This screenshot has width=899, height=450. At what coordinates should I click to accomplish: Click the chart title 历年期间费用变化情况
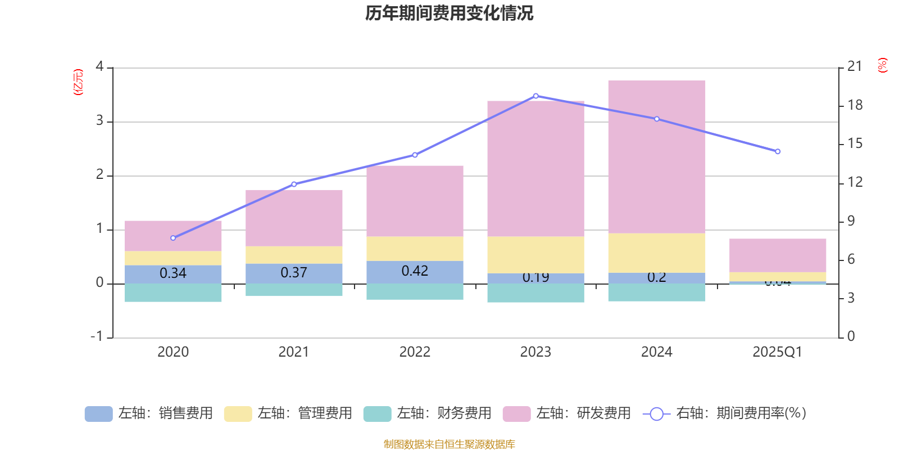449,13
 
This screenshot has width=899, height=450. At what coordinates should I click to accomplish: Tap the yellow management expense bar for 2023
535,255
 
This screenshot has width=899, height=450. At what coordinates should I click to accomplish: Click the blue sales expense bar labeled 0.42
415,272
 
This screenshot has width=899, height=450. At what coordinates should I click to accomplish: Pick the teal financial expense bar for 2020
173,292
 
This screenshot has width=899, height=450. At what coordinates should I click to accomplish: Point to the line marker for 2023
535,96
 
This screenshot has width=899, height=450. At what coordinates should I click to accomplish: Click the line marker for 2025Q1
778,151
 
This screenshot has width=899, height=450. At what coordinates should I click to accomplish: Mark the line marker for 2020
173,238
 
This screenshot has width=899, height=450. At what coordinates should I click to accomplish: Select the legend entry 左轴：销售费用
149,413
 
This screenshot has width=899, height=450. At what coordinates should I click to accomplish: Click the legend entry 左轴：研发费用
567,413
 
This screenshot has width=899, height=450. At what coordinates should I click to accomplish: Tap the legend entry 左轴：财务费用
428,413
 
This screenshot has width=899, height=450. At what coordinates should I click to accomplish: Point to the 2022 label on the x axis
415,352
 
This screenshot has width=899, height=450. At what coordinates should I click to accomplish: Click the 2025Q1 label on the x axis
777,352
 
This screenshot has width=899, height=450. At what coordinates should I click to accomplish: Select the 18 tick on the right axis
855,105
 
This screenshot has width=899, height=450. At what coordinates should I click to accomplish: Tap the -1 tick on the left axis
97,336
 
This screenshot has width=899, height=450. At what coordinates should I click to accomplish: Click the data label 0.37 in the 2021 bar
294,273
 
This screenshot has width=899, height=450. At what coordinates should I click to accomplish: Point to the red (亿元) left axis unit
78,82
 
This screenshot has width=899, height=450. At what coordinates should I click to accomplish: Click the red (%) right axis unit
882,65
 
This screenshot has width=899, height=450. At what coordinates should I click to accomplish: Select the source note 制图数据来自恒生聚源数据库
449,444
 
